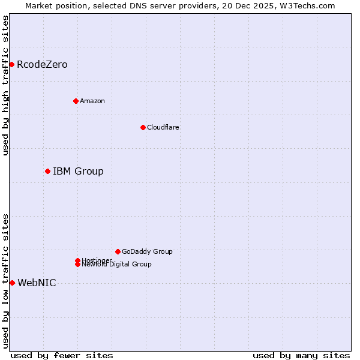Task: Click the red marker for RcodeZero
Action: click(11, 64)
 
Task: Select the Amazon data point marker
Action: click(76, 101)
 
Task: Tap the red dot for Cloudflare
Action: click(143, 127)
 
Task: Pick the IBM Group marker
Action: click(47, 171)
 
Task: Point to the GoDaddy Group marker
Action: click(118, 251)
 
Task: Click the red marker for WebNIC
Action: click(12, 283)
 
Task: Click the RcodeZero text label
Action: click(42, 64)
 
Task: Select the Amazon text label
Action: click(92, 101)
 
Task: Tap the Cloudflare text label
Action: click(163, 127)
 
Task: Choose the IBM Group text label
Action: click(78, 171)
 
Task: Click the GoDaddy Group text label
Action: click(147, 251)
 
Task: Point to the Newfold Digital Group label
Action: click(116, 264)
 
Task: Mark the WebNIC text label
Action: click(37, 283)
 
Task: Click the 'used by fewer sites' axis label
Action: click(62, 355)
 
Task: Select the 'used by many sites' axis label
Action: click(301, 355)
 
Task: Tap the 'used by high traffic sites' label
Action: click(5, 85)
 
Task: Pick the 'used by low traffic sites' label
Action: click(5, 281)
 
